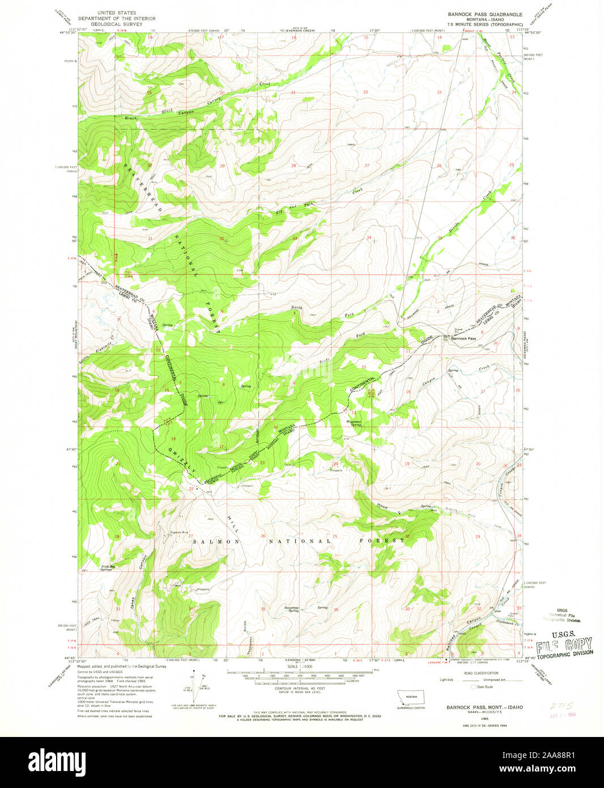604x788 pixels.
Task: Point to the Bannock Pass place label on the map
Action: [x=463, y=338]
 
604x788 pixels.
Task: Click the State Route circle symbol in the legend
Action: [x=474, y=686]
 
